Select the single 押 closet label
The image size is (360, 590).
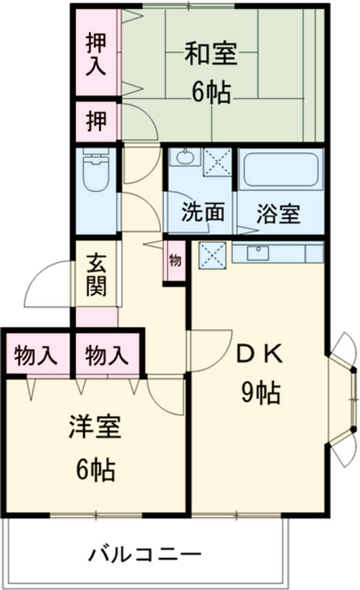tap(96, 122)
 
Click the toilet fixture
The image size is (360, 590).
tap(95, 170)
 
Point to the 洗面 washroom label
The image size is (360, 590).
tap(203, 213)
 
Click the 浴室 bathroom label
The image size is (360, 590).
tap(278, 213)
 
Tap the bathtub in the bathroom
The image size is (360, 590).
tap(281, 170)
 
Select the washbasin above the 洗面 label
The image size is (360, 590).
tap(184, 158)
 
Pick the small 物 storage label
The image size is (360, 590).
tap(175, 261)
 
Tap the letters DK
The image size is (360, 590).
tap(259, 356)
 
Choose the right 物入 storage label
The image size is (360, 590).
tap(107, 356)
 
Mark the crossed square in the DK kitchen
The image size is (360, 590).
tap(212, 255)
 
